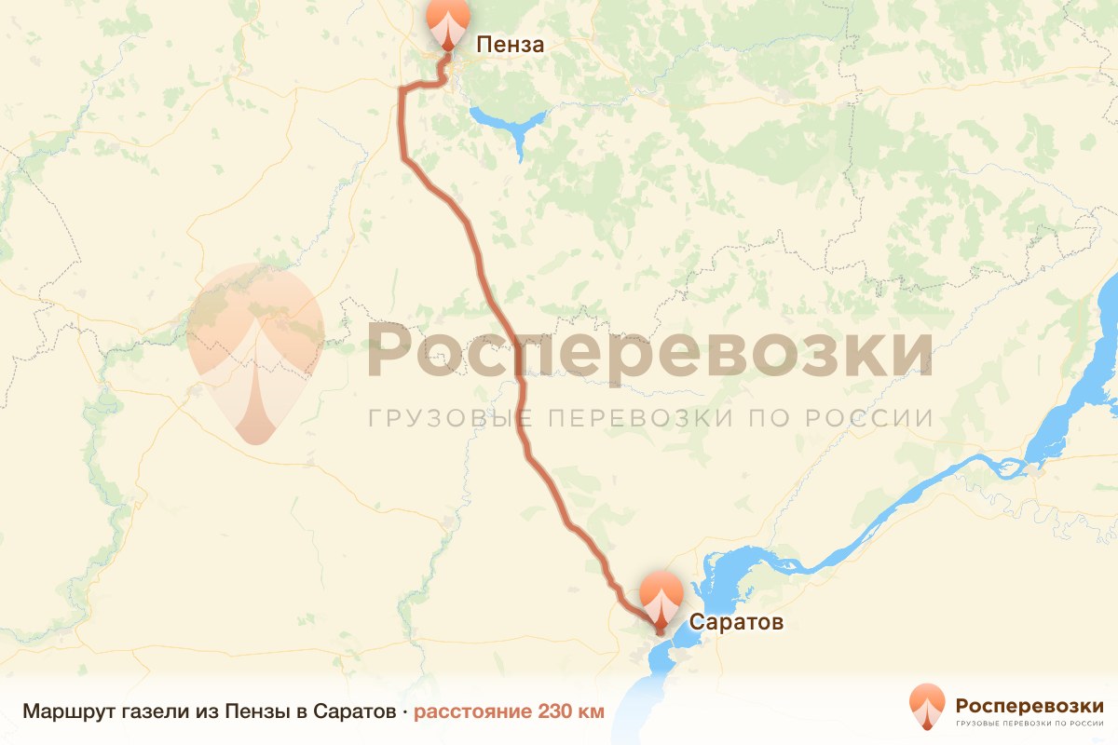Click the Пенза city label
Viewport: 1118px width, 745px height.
(510, 44)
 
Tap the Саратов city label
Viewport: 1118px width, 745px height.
(736, 621)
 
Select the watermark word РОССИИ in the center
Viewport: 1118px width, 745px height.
(867, 417)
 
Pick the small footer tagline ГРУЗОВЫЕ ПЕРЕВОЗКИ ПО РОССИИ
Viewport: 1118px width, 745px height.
(1029, 723)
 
